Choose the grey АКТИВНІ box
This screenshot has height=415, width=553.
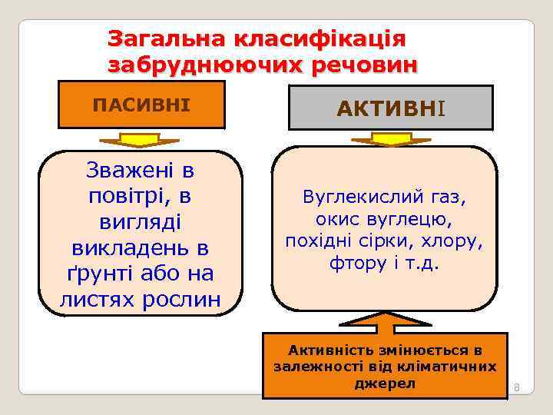(390, 108)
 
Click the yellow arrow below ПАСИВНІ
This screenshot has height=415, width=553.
(139, 140)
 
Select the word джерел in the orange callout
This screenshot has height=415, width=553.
(384, 383)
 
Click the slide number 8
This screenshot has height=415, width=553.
(517, 387)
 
